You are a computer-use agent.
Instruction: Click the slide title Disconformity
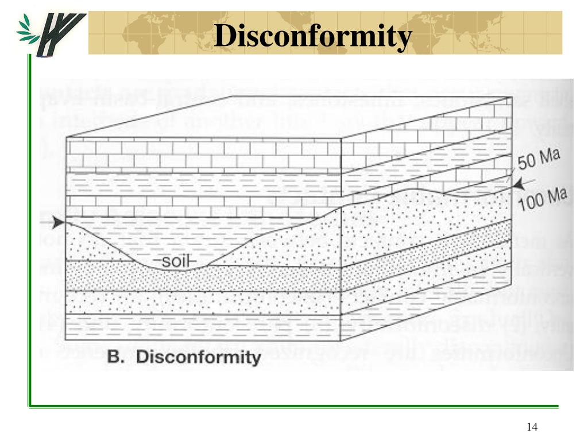click(313, 37)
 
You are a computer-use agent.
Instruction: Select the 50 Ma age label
click(538, 159)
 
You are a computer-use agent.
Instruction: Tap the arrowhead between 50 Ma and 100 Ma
click(519, 184)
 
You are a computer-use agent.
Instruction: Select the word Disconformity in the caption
click(198, 357)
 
